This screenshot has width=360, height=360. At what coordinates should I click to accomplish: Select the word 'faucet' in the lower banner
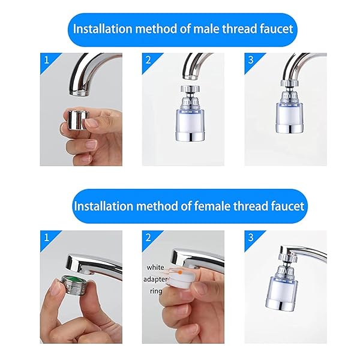click(286, 206)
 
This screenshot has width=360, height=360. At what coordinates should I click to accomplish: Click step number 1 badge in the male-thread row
click(46, 59)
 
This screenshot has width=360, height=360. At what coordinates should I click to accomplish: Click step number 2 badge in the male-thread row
click(148, 59)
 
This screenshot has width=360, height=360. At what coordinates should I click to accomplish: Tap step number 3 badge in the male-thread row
click(250, 59)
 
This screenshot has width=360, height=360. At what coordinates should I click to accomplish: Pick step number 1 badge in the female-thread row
click(46, 236)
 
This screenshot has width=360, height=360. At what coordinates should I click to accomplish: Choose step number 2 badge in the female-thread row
click(148, 236)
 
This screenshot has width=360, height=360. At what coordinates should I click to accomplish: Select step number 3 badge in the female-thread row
click(250, 236)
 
